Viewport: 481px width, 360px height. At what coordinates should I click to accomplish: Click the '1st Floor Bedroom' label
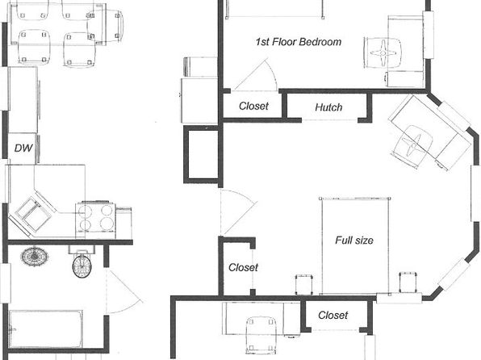click(x=299, y=42)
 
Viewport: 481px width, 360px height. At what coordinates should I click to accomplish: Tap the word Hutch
click(x=328, y=107)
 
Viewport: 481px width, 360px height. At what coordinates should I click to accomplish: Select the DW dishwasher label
click(x=23, y=149)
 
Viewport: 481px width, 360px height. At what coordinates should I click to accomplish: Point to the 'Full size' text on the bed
click(x=354, y=240)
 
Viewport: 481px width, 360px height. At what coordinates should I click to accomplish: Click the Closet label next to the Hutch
click(x=253, y=106)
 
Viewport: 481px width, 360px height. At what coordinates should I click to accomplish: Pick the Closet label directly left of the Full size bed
click(x=243, y=267)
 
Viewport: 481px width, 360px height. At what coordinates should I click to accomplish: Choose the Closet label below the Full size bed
click(x=333, y=315)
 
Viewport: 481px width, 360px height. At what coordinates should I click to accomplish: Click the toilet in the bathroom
click(x=82, y=262)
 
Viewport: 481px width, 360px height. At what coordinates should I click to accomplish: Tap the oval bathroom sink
click(x=35, y=256)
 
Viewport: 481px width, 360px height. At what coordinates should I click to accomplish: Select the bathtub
click(x=46, y=329)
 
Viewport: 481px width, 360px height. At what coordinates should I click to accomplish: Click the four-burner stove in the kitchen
click(x=96, y=220)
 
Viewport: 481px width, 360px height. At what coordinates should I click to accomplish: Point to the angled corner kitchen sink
click(x=32, y=212)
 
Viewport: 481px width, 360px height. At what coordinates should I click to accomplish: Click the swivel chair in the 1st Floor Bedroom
click(x=383, y=53)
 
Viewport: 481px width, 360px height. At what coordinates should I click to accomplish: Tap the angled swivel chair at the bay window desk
click(x=412, y=146)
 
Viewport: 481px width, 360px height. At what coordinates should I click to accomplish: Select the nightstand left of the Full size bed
click(x=304, y=284)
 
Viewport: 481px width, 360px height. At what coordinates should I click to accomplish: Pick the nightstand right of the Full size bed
click(x=408, y=282)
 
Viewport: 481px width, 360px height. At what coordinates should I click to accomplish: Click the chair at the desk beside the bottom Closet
click(x=261, y=334)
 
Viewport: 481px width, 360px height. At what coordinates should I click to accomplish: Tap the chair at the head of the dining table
click(x=106, y=26)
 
